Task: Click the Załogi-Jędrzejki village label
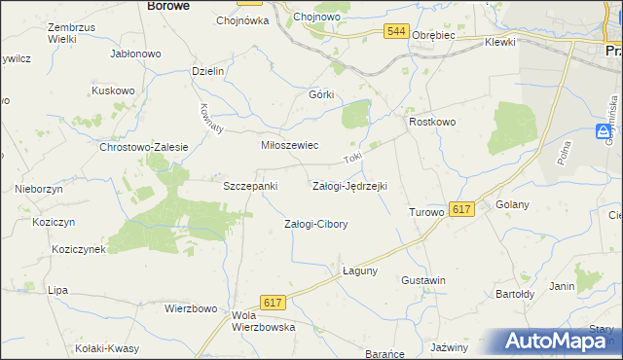click(x=349, y=185)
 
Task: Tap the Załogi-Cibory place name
click(x=315, y=224)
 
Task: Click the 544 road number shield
click(x=395, y=32)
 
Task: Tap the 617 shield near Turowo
click(x=462, y=209)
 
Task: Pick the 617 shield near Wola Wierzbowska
click(x=273, y=304)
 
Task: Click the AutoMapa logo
click(x=561, y=342)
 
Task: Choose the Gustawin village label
click(x=423, y=280)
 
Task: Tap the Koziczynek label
click(x=80, y=249)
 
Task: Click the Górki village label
click(x=321, y=94)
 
